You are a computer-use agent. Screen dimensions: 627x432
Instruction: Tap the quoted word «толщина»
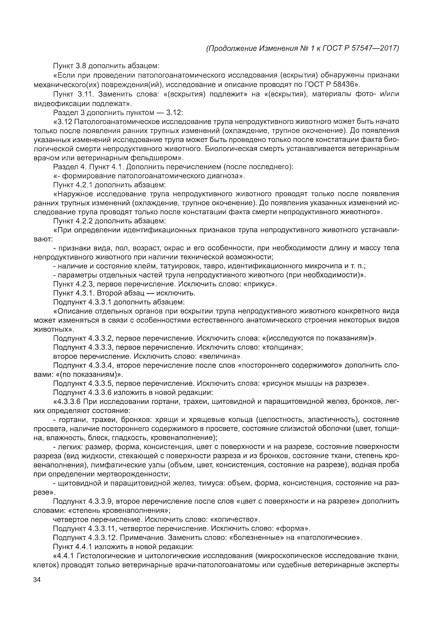pos(283,347)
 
